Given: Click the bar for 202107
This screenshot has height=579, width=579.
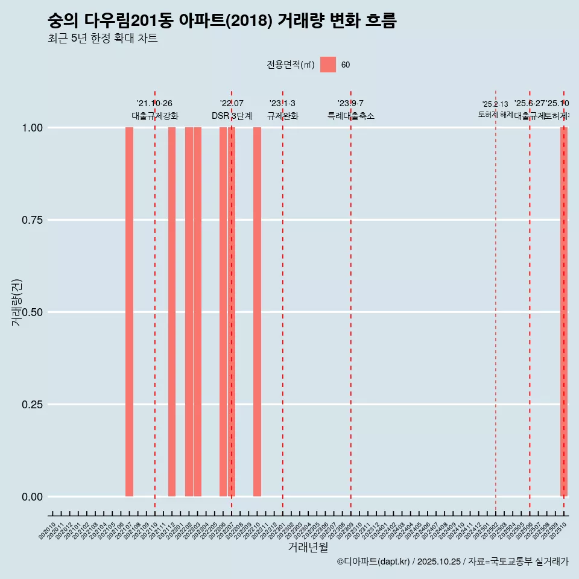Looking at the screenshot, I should click(x=129, y=312).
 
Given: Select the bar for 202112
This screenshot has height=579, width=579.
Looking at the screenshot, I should click(x=172, y=312).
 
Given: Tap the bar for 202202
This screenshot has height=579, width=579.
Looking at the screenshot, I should click(x=189, y=312).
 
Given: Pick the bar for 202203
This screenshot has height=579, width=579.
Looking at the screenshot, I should click(x=197, y=312).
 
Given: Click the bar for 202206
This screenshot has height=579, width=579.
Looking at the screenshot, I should click(x=223, y=312).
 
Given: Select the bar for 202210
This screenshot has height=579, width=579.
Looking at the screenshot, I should click(x=257, y=312).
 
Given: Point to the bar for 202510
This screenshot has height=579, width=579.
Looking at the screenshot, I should click(x=564, y=312).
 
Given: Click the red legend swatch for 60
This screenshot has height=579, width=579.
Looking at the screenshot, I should click(x=327, y=65).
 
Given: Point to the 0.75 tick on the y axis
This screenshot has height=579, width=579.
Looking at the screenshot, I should click(x=31, y=220).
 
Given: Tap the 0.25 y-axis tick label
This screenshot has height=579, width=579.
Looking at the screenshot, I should click(x=31, y=405).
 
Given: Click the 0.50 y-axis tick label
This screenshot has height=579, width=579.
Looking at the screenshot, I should click(x=31, y=312).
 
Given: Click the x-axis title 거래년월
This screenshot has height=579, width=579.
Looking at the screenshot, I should click(x=308, y=548).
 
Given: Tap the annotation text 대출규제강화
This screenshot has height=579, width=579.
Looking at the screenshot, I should click(x=155, y=116).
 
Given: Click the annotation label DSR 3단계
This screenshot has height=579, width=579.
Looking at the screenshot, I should click(x=232, y=116).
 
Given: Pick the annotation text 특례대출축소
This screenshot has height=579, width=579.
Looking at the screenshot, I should click(x=351, y=116).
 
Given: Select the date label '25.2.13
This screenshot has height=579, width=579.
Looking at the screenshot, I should click(x=495, y=104).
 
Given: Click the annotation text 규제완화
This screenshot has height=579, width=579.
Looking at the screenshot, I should click(x=283, y=116).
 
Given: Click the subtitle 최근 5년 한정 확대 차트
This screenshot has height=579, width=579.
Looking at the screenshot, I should click(x=103, y=39).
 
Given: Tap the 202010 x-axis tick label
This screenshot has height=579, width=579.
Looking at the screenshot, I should click(x=48, y=531).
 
